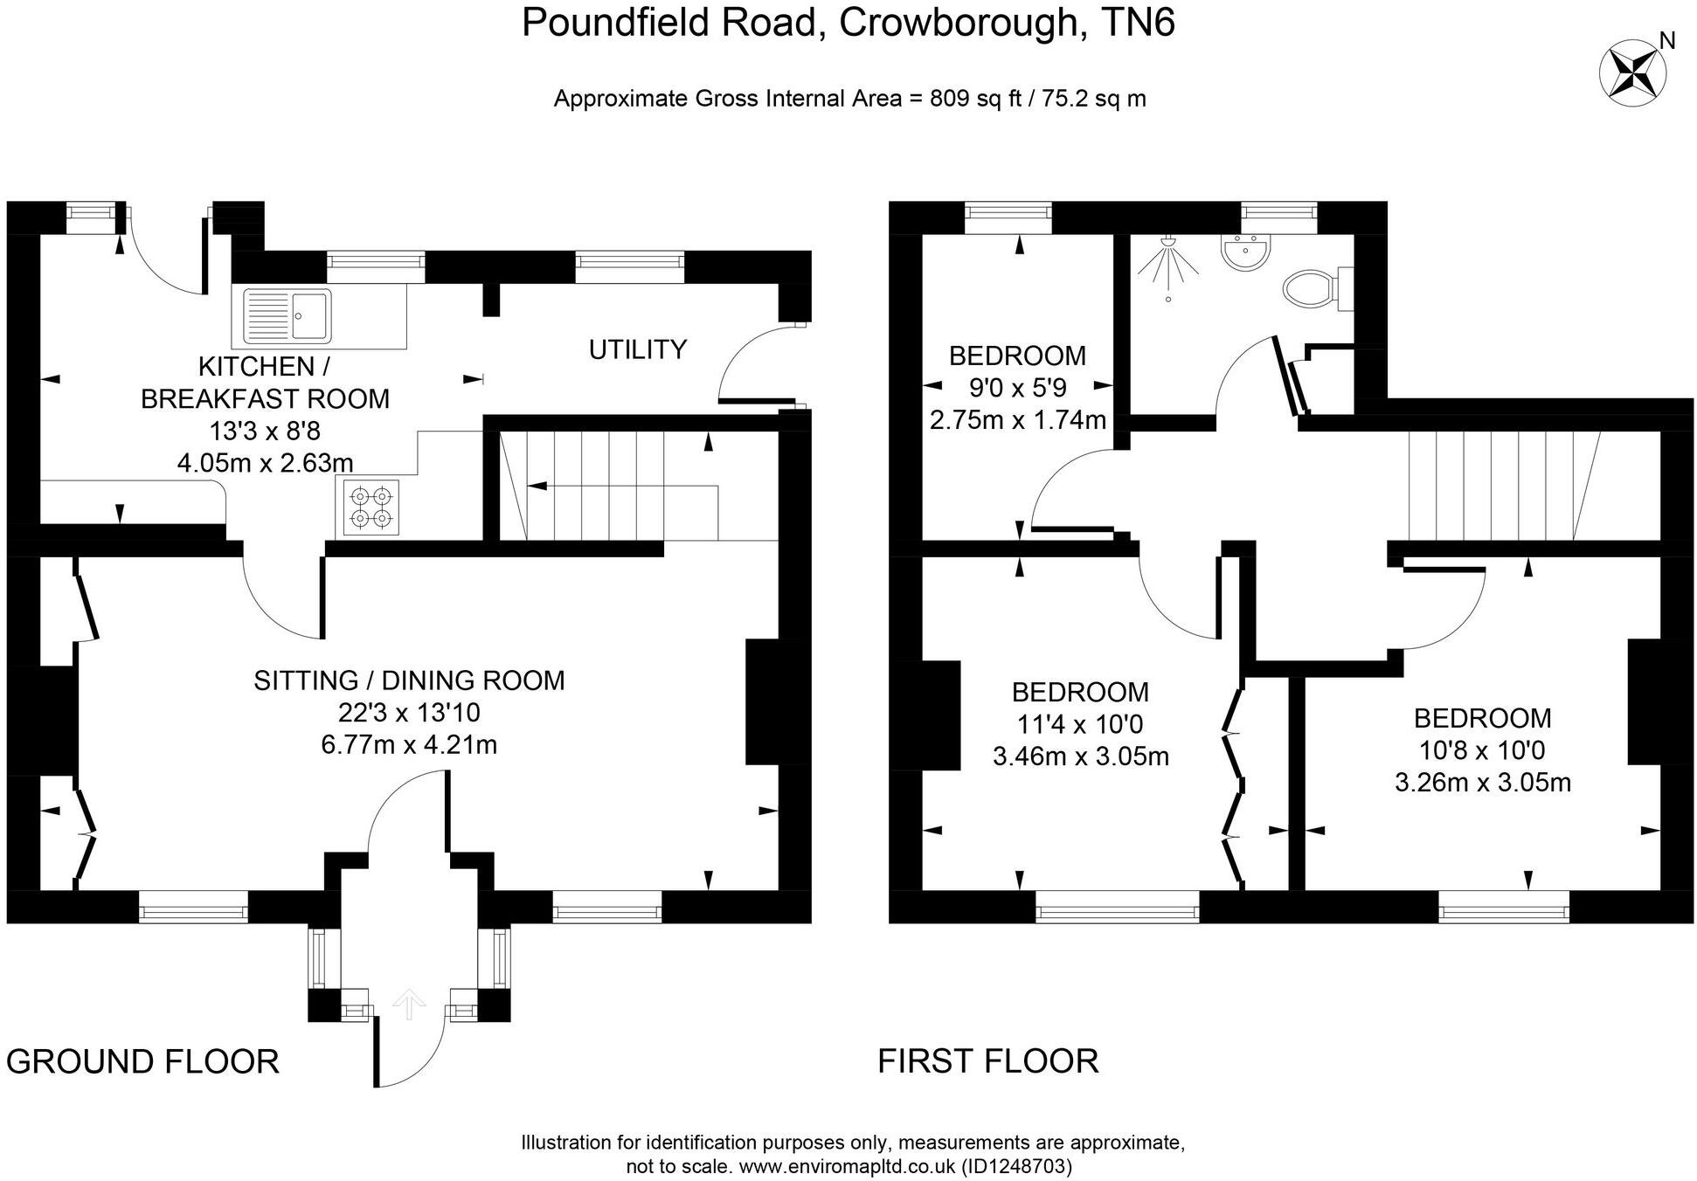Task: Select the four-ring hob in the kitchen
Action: point(371,508)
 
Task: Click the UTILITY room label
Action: point(637,349)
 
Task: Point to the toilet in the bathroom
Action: point(1313,287)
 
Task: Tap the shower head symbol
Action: point(1167,261)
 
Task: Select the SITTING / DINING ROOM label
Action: point(409,680)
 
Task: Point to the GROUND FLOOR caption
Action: point(142,1061)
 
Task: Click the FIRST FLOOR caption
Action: point(987,1060)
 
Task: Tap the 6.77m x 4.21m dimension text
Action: point(409,744)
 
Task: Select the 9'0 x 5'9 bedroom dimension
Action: point(1018,388)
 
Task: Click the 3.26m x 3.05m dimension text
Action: point(1482,782)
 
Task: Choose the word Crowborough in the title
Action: point(958,23)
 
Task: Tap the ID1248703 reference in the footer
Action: point(1016,1166)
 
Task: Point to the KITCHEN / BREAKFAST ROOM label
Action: point(265,382)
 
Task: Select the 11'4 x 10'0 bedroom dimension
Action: point(1080,724)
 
